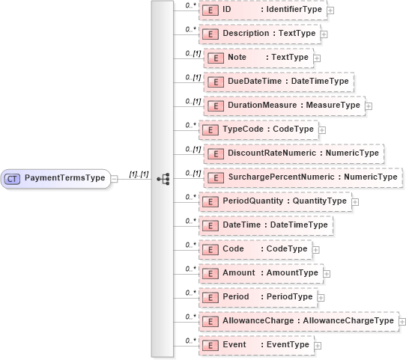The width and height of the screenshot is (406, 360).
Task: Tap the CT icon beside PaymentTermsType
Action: [x=13, y=179]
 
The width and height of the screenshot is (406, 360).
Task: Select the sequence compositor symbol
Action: [x=163, y=179]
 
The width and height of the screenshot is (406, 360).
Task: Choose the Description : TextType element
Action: [x=259, y=34]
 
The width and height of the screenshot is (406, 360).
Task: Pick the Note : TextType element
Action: [x=258, y=58]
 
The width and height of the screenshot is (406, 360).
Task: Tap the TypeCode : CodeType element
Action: [x=258, y=129]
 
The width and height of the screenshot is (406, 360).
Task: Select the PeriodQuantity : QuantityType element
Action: [x=274, y=201]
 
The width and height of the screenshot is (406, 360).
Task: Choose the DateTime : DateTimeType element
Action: [x=266, y=225]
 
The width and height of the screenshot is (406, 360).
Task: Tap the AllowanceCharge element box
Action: [x=299, y=321]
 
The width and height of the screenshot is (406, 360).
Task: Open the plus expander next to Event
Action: [x=318, y=346]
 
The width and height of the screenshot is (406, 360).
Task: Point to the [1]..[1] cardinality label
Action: [x=139, y=174]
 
